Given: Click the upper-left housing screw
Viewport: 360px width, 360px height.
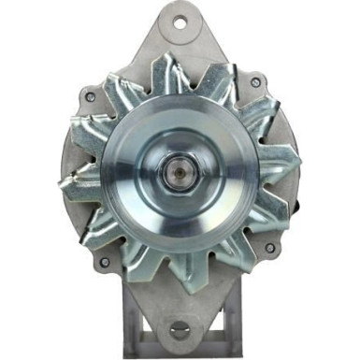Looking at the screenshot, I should coord(90,95).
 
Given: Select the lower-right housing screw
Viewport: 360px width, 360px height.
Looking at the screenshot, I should coord(269,248).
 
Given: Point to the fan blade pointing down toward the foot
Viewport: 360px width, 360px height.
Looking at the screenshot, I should coord(187,277).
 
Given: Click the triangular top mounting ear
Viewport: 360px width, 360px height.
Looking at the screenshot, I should coord(179,37).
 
